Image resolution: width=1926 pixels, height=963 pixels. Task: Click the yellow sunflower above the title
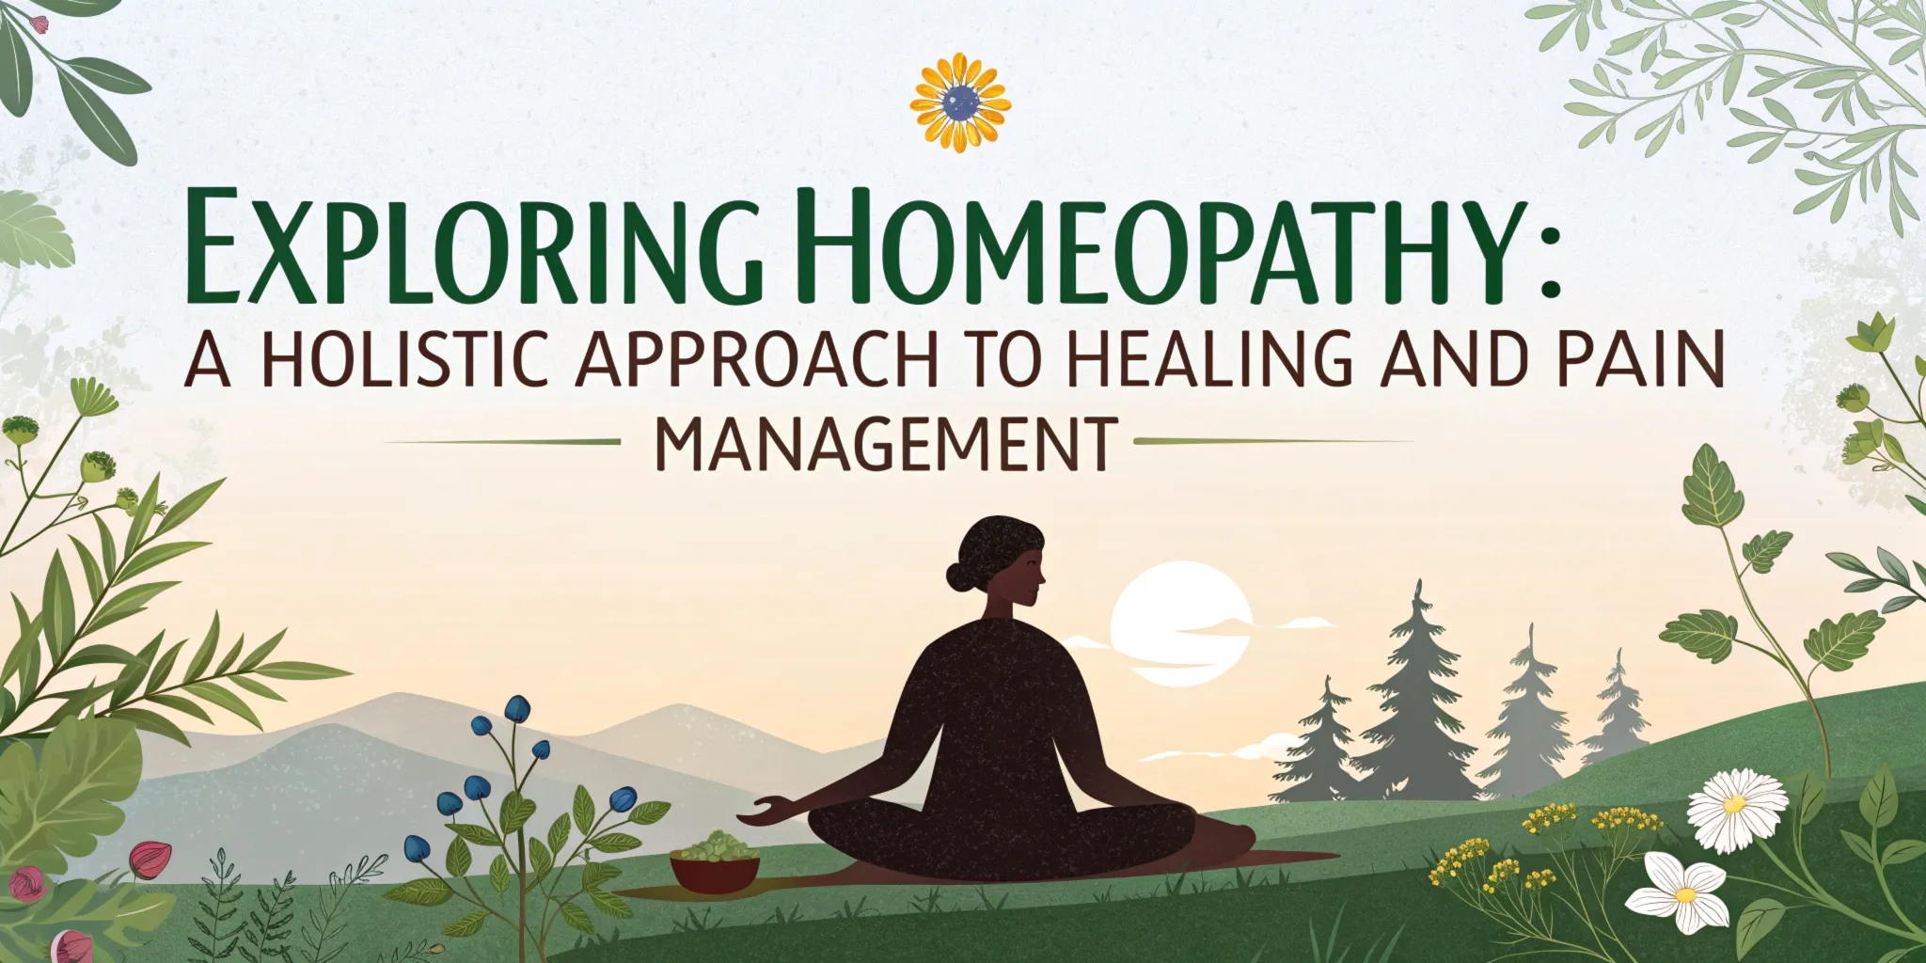(x=960, y=103)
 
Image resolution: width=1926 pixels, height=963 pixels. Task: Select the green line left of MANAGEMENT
(x=503, y=440)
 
